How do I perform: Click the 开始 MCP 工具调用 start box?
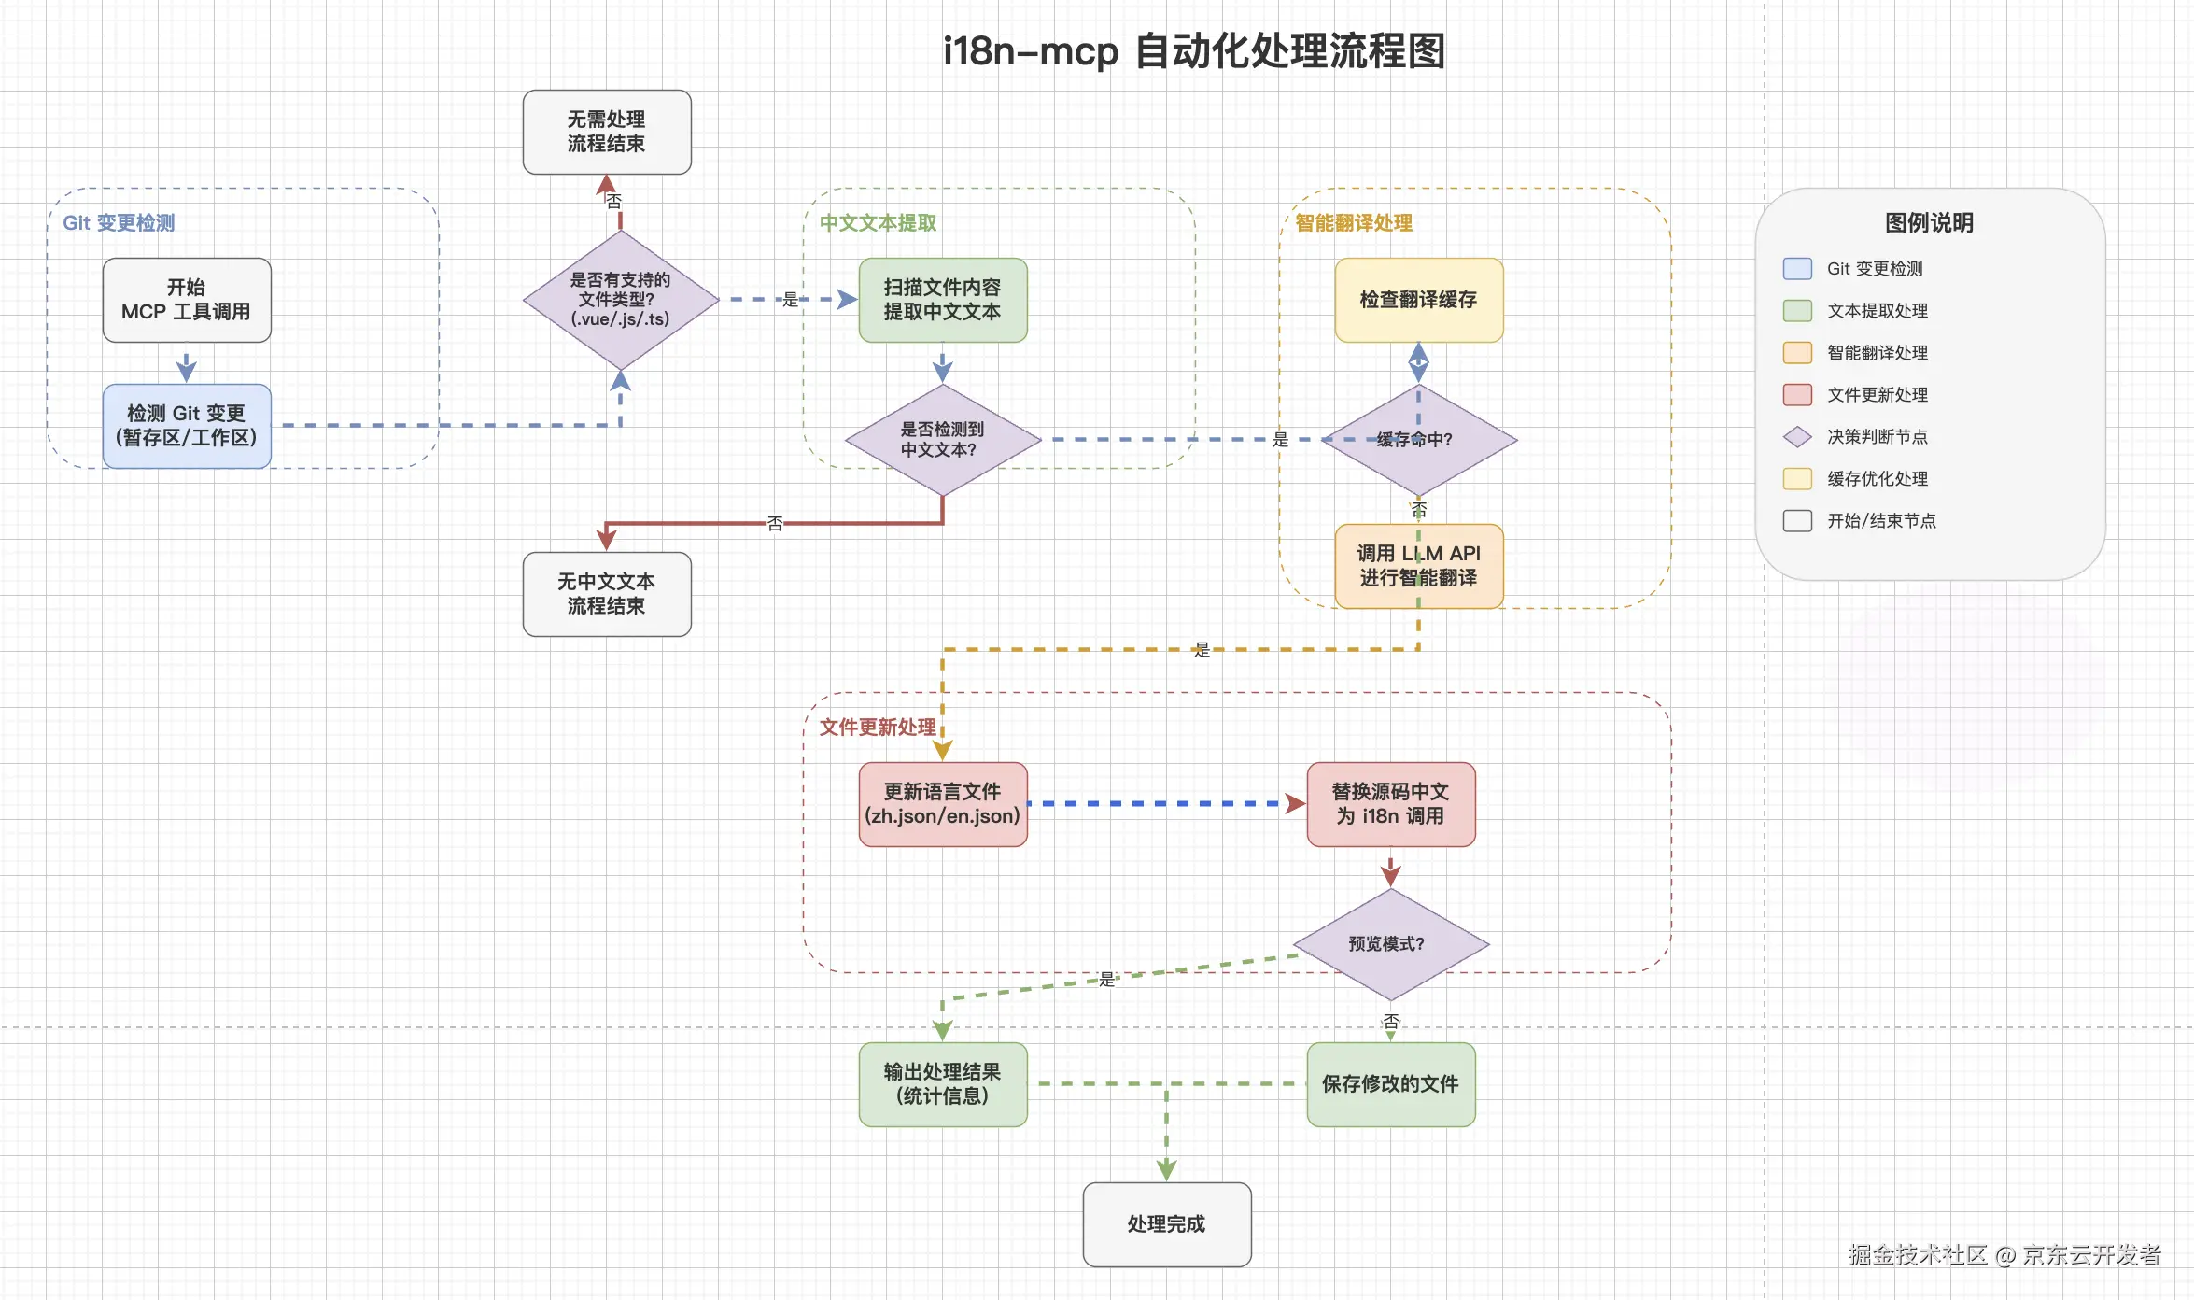click(187, 300)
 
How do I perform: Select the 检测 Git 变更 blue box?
click(187, 426)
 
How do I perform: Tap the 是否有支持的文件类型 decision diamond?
click(621, 300)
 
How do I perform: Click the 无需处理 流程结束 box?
click(607, 132)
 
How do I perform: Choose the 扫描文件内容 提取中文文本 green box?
click(943, 300)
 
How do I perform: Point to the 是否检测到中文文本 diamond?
click(943, 440)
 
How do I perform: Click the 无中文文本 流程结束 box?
click(607, 594)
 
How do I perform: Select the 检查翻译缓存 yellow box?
click(1419, 300)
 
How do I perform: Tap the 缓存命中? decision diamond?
click(1419, 440)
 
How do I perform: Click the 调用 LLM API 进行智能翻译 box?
click(1419, 566)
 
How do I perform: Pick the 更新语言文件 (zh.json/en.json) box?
click(943, 804)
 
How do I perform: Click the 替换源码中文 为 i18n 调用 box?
click(1391, 804)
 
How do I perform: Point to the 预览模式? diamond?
click(1391, 944)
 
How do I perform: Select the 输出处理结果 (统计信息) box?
click(943, 1084)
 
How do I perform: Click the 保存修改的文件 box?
click(1391, 1084)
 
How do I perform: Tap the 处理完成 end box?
click(1167, 1224)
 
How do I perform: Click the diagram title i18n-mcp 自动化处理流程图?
click(1194, 50)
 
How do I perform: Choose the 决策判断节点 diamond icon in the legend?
click(1797, 436)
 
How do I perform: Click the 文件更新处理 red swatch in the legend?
click(1797, 394)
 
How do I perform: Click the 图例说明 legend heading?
click(1929, 222)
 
